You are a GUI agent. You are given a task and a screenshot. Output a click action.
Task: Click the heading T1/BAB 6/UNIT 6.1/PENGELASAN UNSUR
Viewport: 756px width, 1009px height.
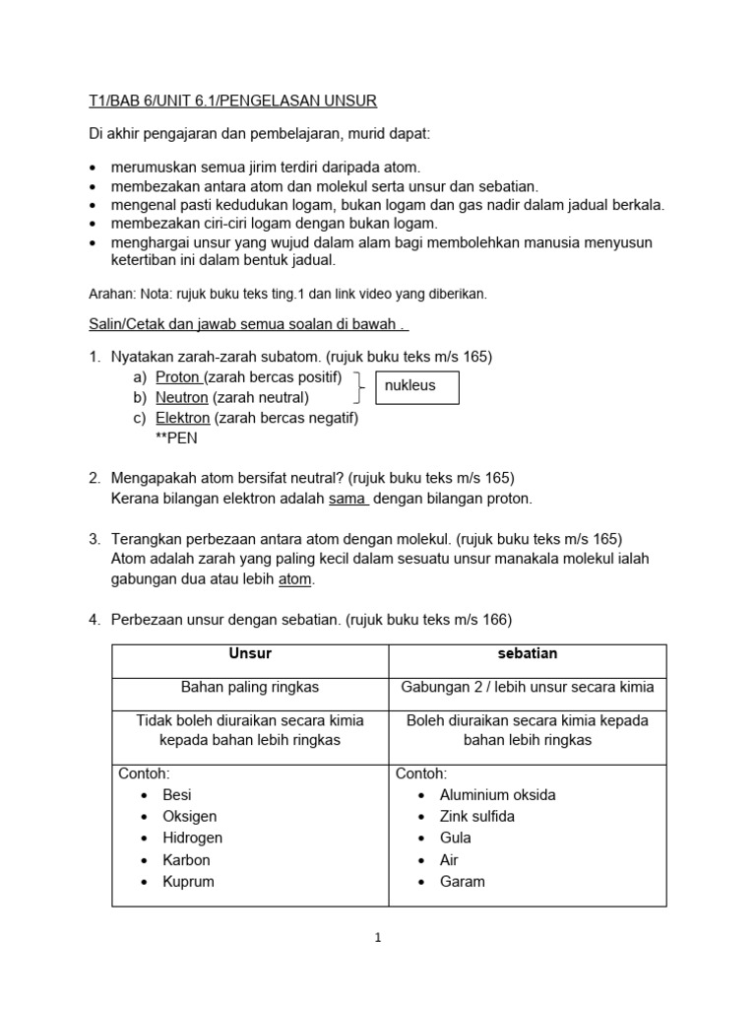(x=232, y=101)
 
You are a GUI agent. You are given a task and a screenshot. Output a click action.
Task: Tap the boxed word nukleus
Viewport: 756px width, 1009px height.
(x=409, y=386)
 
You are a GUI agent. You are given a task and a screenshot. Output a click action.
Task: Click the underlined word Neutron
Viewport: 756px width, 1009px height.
(x=182, y=398)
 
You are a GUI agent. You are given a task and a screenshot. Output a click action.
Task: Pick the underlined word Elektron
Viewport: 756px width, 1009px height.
(x=183, y=418)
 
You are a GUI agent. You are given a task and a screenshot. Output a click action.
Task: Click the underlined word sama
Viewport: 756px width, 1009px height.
(x=347, y=499)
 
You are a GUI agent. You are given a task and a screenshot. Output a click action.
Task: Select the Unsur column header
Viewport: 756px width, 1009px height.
(x=250, y=653)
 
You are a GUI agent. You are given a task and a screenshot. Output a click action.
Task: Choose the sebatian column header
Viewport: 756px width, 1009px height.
(x=527, y=653)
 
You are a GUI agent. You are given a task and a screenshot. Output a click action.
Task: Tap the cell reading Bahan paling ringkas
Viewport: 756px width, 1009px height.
(x=250, y=687)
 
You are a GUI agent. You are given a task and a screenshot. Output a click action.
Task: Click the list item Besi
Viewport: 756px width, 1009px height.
(x=177, y=795)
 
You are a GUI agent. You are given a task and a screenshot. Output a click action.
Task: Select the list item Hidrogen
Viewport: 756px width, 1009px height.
(x=192, y=839)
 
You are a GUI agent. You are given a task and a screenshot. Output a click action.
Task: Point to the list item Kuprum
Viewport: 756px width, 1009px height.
(x=188, y=882)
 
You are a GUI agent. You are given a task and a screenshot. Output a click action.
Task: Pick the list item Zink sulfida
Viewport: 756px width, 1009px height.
(x=476, y=817)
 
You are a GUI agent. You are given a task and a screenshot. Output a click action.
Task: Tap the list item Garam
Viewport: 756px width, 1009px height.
(x=462, y=882)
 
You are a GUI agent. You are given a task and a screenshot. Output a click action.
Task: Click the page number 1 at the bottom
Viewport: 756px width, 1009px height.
(x=377, y=938)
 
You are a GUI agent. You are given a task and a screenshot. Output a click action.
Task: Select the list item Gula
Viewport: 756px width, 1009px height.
(x=455, y=839)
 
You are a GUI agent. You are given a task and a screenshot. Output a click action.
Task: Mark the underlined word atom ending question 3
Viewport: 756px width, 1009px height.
(x=295, y=580)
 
